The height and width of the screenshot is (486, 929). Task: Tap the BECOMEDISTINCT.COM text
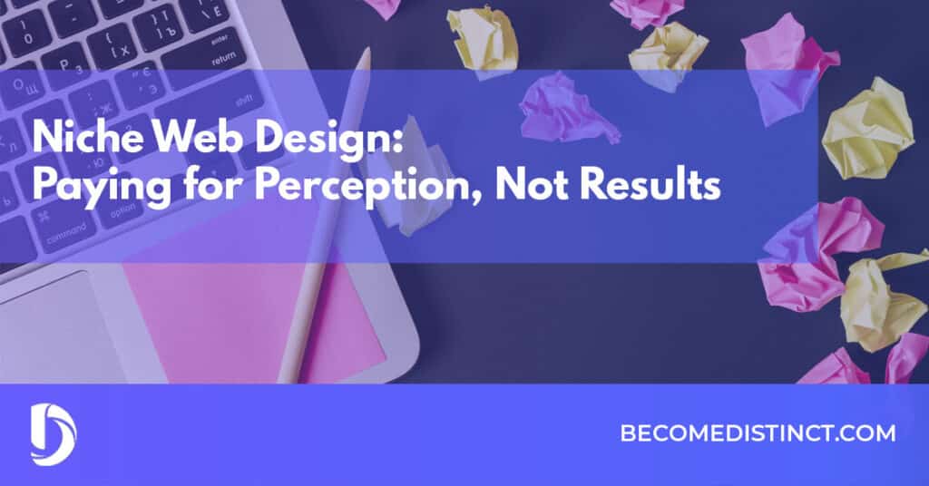(758, 433)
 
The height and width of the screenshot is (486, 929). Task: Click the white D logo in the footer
(54, 434)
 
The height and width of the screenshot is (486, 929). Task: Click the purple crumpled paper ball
(566, 110)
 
